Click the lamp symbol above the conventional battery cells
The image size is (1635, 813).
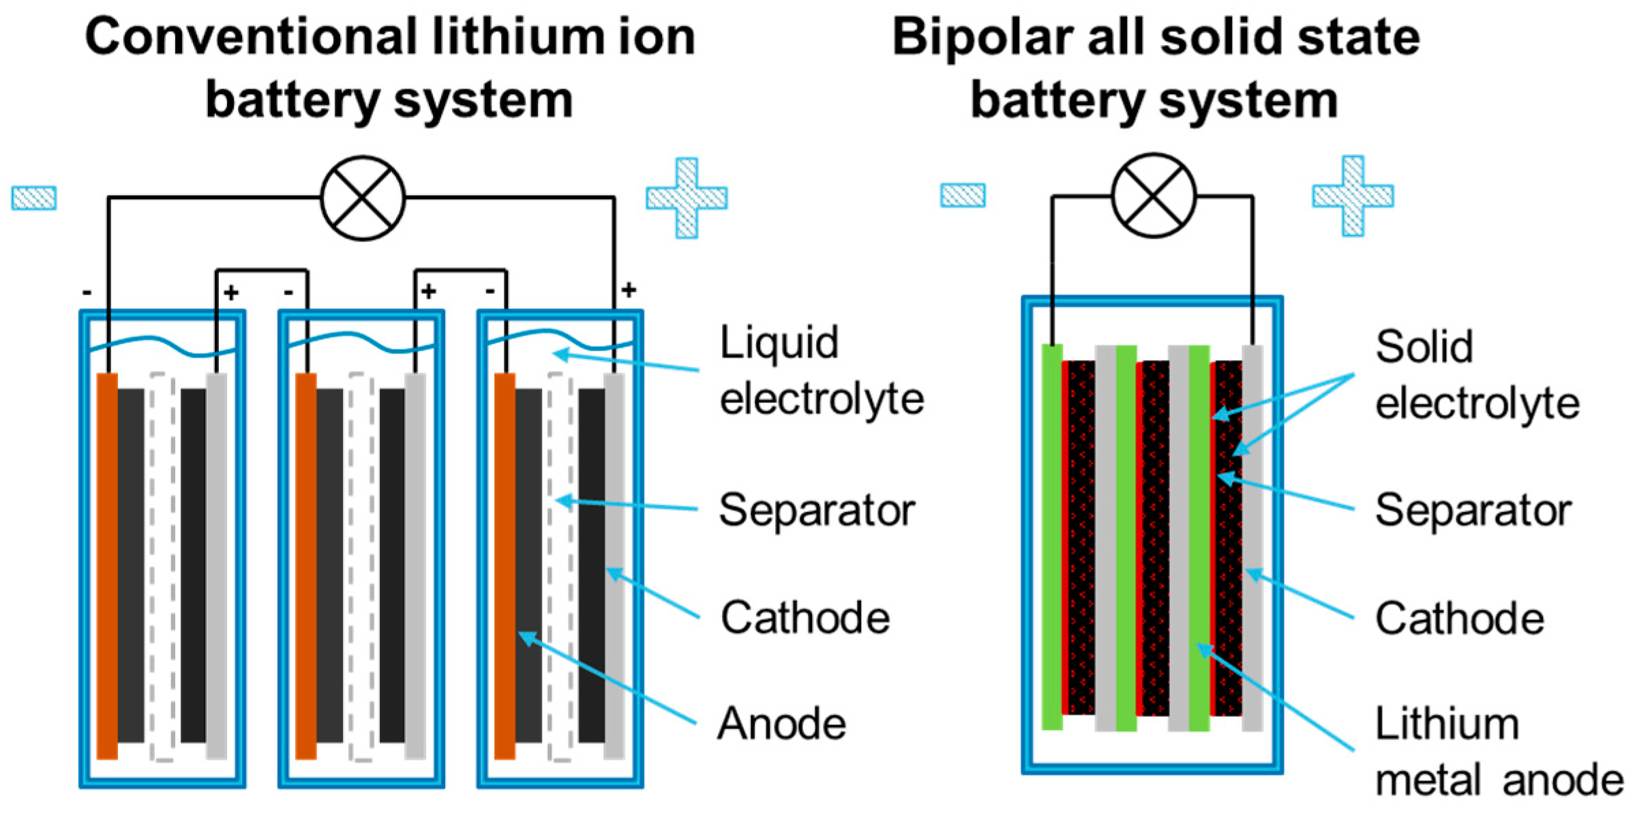point(363,198)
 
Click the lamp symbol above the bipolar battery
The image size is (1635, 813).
point(1153,195)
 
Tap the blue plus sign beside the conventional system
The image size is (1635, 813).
point(687,198)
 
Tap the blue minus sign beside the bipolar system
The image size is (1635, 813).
point(962,195)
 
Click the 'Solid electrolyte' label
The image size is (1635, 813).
point(1476,375)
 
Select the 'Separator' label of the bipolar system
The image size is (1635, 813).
point(1473,510)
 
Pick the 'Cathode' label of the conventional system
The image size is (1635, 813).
point(805,618)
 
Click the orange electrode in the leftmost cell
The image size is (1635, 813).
point(107,566)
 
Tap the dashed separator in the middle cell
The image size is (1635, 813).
point(361,566)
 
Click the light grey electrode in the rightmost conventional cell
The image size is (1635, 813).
point(614,566)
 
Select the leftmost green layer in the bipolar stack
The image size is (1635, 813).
point(1052,539)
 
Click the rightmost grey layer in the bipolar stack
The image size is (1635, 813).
point(1252,539)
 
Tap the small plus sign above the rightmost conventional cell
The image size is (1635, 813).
point(629,291)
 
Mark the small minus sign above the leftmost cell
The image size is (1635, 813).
point(87,293)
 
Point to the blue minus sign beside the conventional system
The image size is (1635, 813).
point(34,198)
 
